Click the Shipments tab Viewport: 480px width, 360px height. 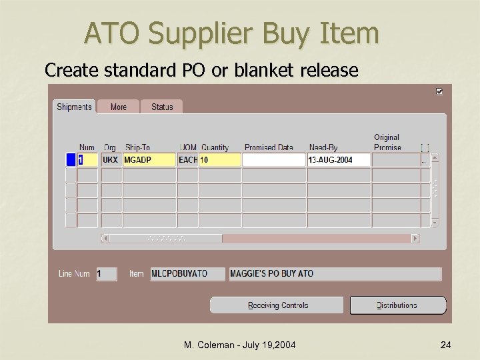pyautogui.click(x=75, y=107)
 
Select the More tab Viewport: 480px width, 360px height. pyautogui.click(x=119, y=107)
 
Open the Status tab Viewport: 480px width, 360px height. pyautogui.click(x=162, y=107)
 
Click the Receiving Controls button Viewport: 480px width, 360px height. pyautogui.click(x=278, y=305)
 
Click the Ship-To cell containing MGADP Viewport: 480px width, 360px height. pyautogui.click(x=149, y=160)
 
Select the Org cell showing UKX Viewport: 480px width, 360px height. pyautogui.click(x=111, y=160)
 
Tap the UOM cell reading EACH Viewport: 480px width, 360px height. pyautogui.click(x=188, y=160)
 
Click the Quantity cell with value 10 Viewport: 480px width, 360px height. pyautogui.click(x=220, y=160)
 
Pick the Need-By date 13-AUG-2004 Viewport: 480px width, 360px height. pyautogui.click(x=338, y=160)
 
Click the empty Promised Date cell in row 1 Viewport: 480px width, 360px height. pyautogui.click(x=274, y=160)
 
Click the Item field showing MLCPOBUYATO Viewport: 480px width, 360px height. pyautogui.click(x=187, y=273)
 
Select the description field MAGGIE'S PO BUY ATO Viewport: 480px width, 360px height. pyautogui.click(x=335, y=273)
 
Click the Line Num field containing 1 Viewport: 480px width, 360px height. pyautogui.click(x=107, y=273)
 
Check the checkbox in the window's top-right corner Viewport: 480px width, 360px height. pyautogui.click(x=439, y=91)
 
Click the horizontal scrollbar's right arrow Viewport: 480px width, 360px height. pyautogui.click(x=415, y=238)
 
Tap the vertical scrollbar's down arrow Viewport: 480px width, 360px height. pyautogui.click(x=435, y=223)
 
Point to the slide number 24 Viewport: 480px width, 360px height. pyautogui.click(x=446, y=345)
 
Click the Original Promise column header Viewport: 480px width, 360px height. pyautogui.click(x=387, y=142)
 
